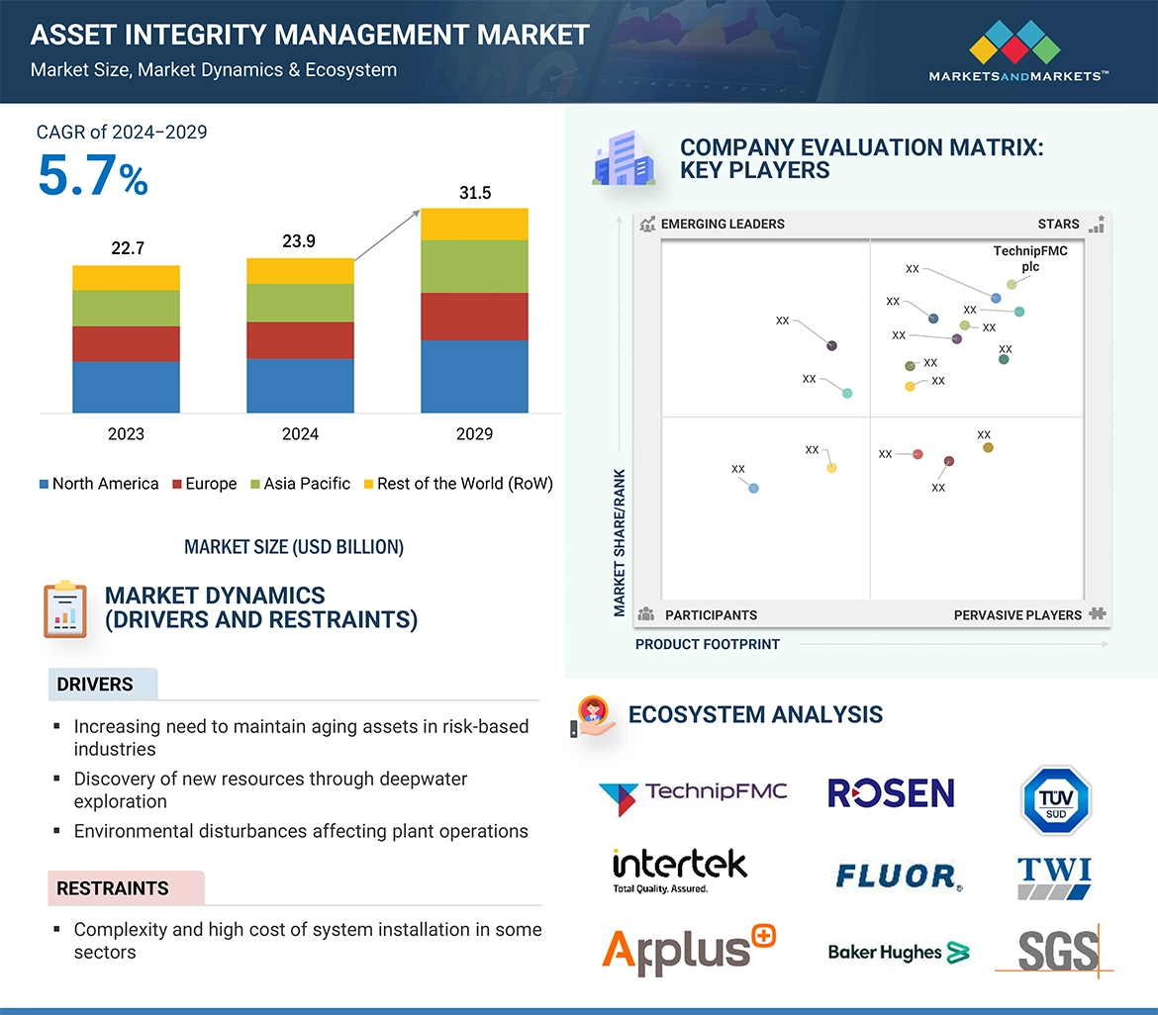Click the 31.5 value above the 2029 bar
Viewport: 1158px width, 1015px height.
click(475, 193)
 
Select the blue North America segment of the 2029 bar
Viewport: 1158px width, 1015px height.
click(474, 376)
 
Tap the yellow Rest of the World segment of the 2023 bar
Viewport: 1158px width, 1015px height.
click(126, 278)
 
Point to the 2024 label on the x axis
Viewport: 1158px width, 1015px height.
click(300, 433)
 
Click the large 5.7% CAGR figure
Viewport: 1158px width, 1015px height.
click(92, 176)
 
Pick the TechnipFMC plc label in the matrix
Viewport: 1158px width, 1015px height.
click(1030, 259)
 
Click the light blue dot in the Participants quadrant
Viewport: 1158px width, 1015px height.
click(754, 488)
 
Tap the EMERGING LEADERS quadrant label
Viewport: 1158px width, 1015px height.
click(722, 224)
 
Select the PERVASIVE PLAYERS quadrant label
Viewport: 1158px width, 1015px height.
click(1017, 615)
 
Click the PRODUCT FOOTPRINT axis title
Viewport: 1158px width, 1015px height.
click(707, 644)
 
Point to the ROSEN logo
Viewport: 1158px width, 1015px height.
click(891, 792)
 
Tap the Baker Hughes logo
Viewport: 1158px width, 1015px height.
click(898, 953)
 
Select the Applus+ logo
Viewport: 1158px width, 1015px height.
click(689, 951)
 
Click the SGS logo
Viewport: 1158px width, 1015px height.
click(1057, 952)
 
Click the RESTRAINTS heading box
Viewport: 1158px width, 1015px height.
click(126, 888)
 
